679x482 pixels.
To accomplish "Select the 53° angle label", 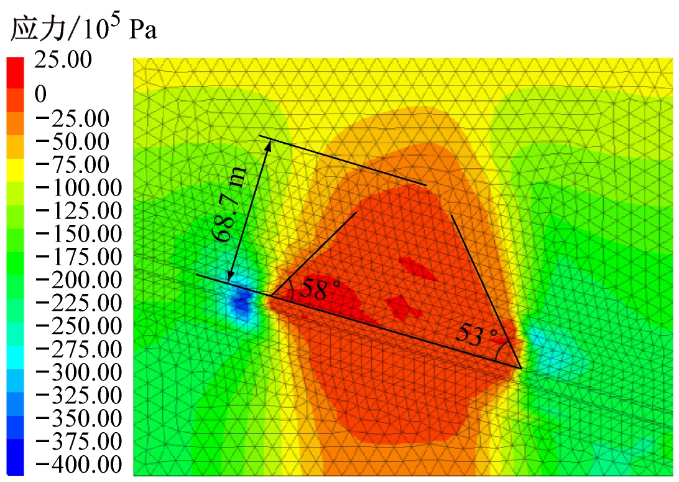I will click(x=478, y=335).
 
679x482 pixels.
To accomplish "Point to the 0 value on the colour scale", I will click(x=41, y=95).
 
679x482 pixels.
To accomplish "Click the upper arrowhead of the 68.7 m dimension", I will click(x=269, y=144).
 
